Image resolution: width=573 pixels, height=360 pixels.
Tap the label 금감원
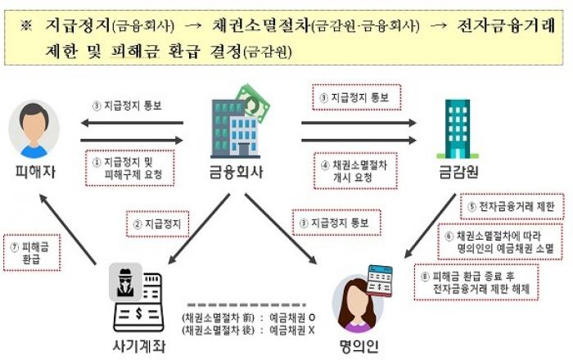(x=453, y=173)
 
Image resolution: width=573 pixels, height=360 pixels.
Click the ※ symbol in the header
(x=26, y=27)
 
